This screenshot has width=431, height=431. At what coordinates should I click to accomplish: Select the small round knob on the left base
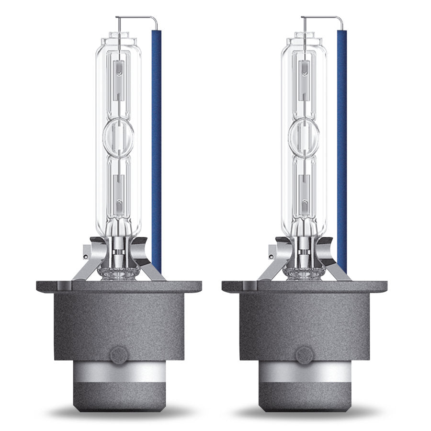coord(118,355)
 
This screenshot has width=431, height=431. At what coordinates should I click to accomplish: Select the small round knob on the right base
coord(304,355)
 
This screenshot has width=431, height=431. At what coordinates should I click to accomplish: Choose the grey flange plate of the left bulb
coord(118,286)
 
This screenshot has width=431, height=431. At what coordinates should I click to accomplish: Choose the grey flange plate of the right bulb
coord(304,286)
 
